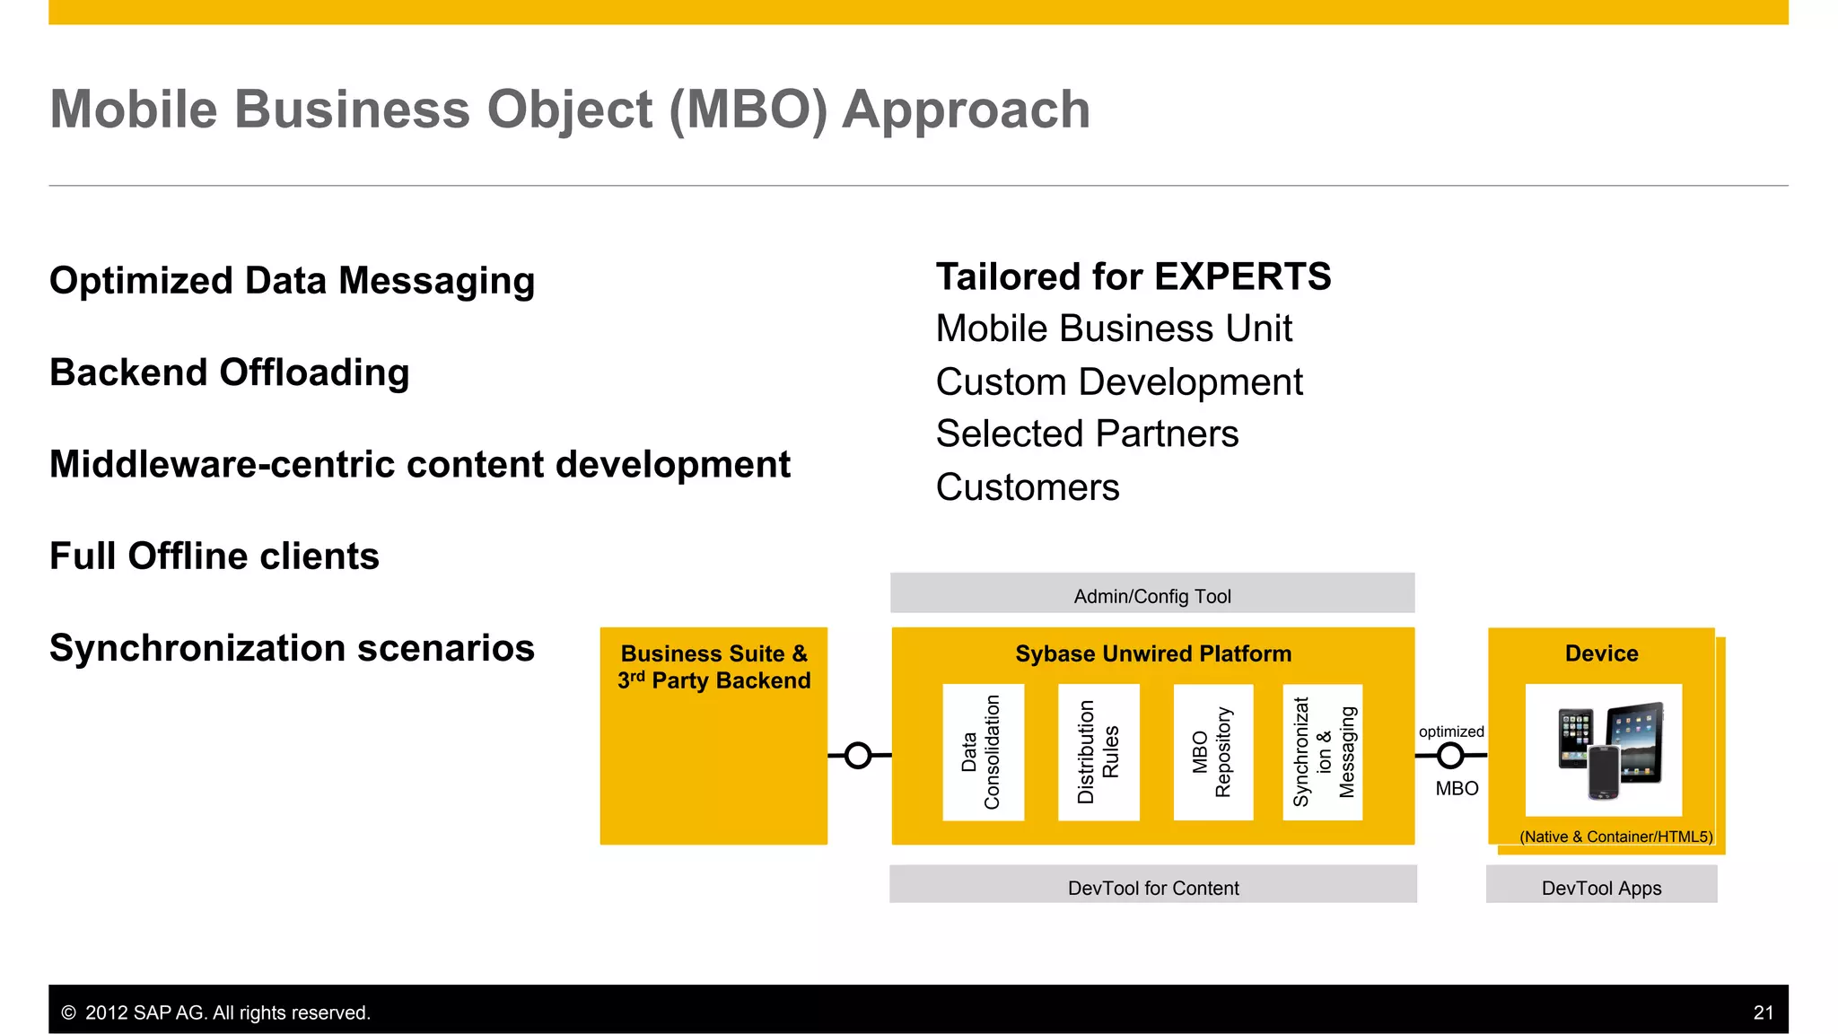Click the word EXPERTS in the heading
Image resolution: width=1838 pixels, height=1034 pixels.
tap(1242, 276)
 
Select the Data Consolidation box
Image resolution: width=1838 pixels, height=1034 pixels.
tap(983, 752)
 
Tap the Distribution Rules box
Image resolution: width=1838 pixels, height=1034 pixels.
tap(1098, 752)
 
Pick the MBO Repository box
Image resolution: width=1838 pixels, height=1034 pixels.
tap(1212, 752)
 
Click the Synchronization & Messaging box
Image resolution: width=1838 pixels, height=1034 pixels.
tap(1323, 752)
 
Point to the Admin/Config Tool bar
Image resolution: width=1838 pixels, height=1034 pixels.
tap(1152, 595)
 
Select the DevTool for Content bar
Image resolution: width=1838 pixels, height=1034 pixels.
tap(1152, 887)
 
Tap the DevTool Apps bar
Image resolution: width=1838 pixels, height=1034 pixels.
tap(1601, 887)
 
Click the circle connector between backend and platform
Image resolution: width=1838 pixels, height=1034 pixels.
tap(858, 756)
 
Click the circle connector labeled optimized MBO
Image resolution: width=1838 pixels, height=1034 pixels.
tap(1450, 756)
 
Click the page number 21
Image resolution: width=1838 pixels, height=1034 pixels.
tap(1763, 1012)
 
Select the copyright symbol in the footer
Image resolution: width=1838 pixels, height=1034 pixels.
tap(68, 1012)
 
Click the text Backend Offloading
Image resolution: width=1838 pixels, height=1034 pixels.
tap(230, 372)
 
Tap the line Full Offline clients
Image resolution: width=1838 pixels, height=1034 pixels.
tap(214, 556)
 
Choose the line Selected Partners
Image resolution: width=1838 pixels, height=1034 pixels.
tap(1087, 434)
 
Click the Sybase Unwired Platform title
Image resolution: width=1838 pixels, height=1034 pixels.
tap(1153, 653)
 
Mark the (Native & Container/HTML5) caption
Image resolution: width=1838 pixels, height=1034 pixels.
tap(1615, 837)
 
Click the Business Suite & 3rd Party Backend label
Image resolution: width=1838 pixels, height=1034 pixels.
tap(713, 667)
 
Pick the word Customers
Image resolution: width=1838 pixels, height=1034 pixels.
tap(1028, 487)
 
